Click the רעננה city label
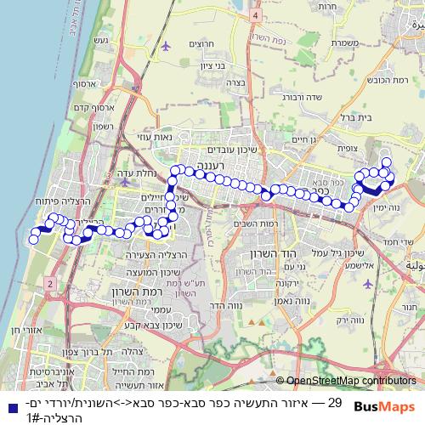point(233,165)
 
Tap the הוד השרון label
point(254,254)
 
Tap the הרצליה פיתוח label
point(34,201)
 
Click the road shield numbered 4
point(254,15)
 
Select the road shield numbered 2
point(52,282)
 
